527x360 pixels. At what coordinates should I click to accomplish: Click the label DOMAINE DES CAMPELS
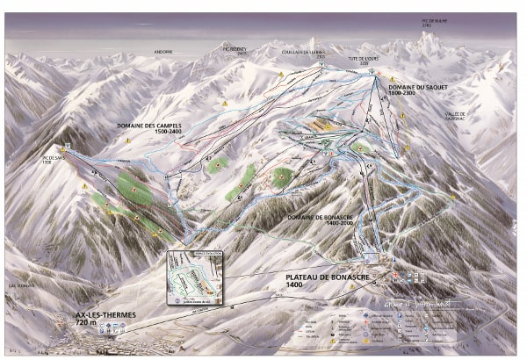click(x=148, y=126)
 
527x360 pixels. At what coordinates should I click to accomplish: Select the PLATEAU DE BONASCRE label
click(x=328, y=277)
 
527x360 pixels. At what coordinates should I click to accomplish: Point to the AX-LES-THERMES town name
click(x=93, y=316)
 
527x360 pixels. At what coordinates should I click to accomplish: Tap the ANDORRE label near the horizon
click(x=164, y=52)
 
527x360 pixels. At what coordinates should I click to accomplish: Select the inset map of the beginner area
click(x=194, y=277)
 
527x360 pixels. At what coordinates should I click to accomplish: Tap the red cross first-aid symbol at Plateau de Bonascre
click(x=396, y=275)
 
